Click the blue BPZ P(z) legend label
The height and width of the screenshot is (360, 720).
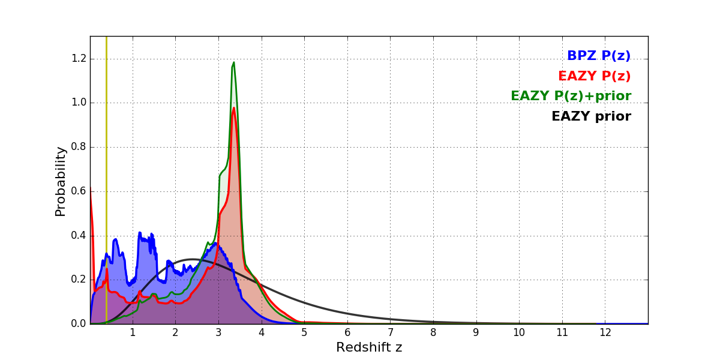coord(598,56)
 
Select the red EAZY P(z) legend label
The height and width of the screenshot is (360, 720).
coord(594,76)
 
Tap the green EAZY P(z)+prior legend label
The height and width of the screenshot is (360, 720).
coord(571,96)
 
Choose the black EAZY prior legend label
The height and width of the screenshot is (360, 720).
coord(591,116)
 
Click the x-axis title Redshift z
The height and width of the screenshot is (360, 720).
coord(369,347)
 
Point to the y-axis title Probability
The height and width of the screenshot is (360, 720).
coord(61,181)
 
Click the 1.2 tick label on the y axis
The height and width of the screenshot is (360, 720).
coord(79,59)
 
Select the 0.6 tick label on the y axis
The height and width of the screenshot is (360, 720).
coord(79,191)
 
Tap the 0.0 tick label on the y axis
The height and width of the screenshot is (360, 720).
coord(79,324)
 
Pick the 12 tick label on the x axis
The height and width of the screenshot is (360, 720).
coord(605,332)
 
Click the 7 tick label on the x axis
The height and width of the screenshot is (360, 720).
coord(390,332)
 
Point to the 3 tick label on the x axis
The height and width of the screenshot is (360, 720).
coord(218,332)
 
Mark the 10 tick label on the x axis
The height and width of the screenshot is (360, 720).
coord(519,332)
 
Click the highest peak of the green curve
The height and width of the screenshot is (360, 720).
coord(233,62)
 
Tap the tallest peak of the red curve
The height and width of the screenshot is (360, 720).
coord(234,108)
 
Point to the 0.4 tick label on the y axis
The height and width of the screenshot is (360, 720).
coord(79,236)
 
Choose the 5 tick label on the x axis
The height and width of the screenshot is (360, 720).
coord(304,332)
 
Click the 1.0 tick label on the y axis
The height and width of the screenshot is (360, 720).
coord(79,103)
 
